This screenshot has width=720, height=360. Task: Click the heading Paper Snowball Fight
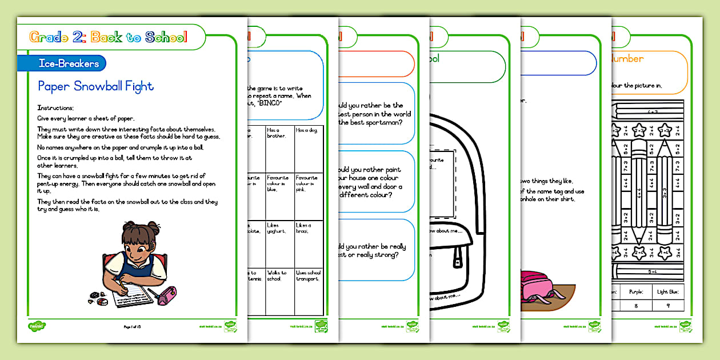95,86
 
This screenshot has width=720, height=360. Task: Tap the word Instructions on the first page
55,108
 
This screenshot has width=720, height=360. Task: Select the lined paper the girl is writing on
131,296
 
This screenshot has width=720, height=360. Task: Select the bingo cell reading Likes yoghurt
279,243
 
